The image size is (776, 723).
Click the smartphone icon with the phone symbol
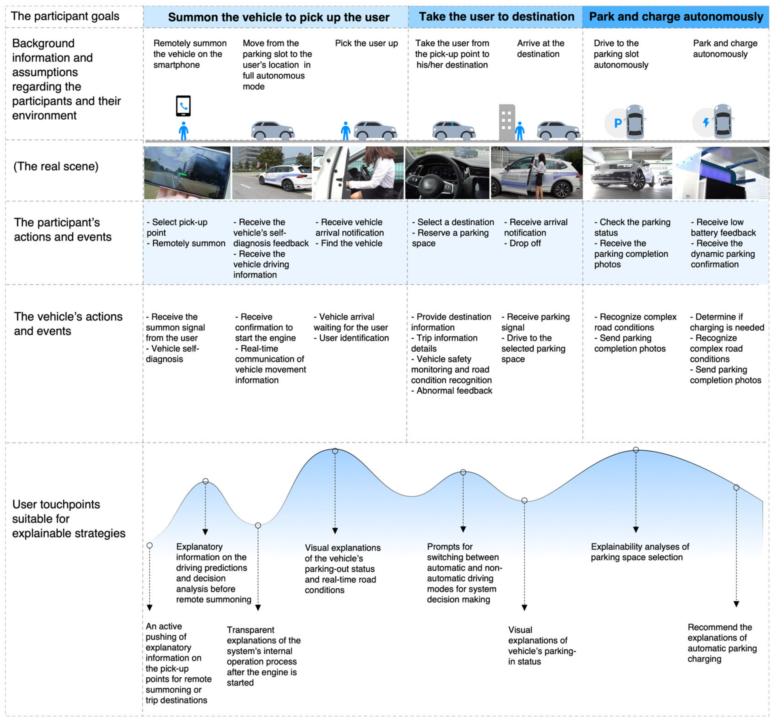[x=183, y=106]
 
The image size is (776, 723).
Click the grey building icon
[x=507, y=122]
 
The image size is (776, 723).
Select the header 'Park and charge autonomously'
[x=676, y=17]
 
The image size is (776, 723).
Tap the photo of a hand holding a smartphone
[x=187, y=173]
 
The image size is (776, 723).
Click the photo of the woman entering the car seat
[x=358, y=173]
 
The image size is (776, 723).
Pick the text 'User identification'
[x=354, y=338]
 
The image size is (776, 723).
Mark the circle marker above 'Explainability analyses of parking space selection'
[x=636, y=450]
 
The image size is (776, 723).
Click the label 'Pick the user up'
[x=366, y=43]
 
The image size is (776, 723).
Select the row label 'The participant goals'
[x=65, y=16]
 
